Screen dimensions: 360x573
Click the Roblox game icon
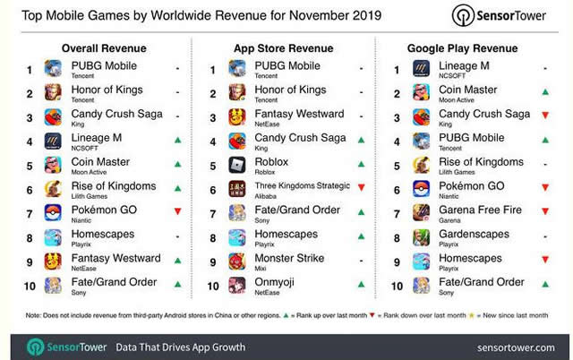(x=238, y=163)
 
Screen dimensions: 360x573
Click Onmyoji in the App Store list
(x=276, y=282)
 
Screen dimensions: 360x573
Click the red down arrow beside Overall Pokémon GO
(x=178, y=211)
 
